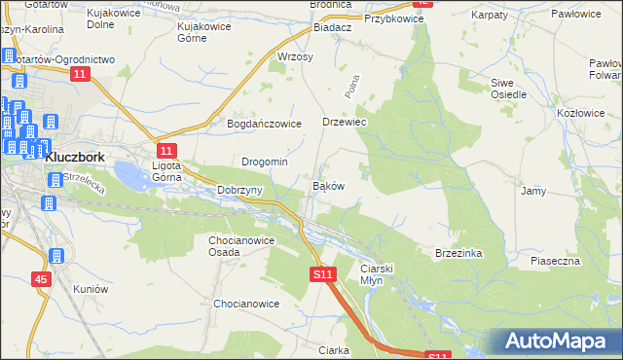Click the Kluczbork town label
82,156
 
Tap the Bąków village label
327,185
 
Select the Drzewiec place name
344,123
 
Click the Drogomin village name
264,162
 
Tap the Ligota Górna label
172,171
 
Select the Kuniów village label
90,289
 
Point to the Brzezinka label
459,252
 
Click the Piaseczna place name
556,261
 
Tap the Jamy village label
533,192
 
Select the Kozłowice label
580,114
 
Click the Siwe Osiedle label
508,89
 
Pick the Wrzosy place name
295,57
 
